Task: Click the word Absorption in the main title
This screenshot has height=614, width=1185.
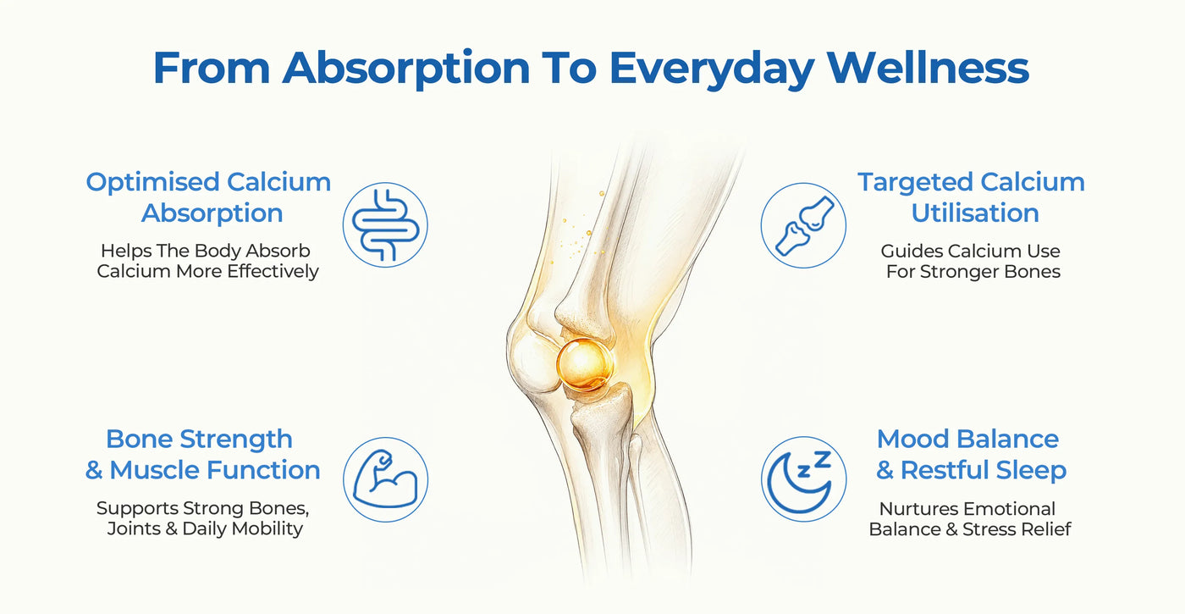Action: tap(406, 69)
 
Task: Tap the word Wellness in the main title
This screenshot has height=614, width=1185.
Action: tap(928, 68)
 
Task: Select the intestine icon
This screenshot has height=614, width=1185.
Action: tap(385, 225)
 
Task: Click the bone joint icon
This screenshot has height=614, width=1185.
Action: tap(803, 225)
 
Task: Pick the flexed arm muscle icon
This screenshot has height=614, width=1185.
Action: tap(385, 479)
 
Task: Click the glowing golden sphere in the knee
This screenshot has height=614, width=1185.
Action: tap(585, 365)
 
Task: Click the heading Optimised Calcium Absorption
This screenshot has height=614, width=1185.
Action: tap(209, 197)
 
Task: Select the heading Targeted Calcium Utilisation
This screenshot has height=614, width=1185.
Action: tap(972, 197)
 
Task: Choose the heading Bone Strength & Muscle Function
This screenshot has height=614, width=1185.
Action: tap(202, 455)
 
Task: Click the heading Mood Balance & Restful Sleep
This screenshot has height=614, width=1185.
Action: tap(971, 455)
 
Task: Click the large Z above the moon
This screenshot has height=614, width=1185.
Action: tap(822, 459)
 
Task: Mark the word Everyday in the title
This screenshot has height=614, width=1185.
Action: tap(712, 69)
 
